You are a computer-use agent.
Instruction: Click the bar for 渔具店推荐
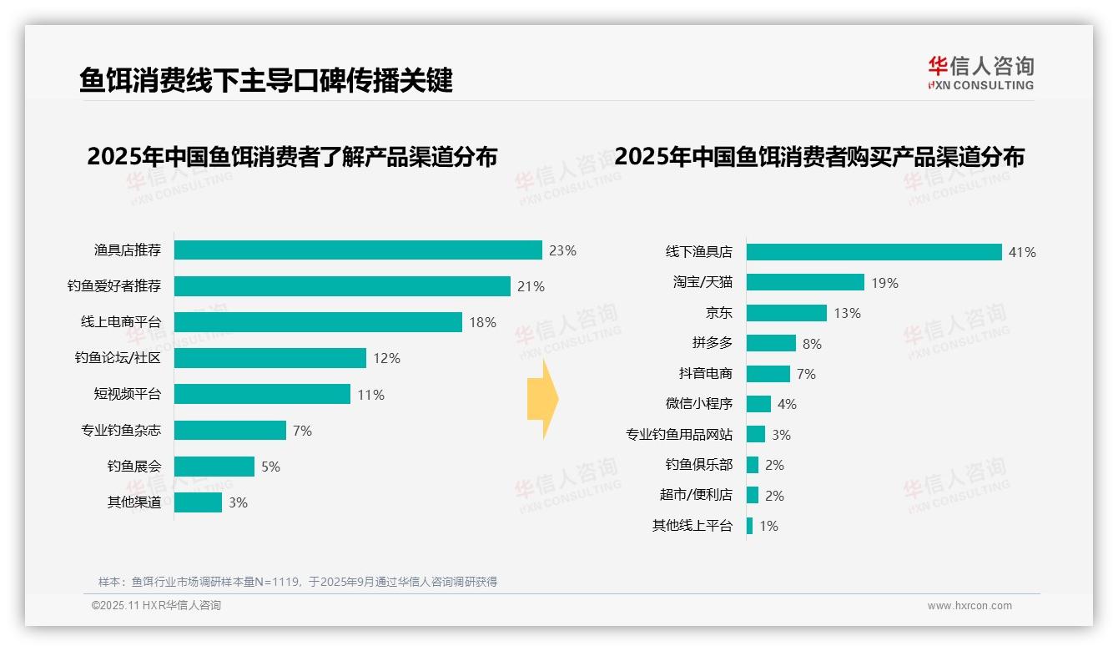tap(358, 250)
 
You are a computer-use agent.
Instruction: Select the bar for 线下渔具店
tap(874, 252)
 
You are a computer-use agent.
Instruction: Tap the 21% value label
tap(531, 286)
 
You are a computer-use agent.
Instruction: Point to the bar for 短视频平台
tap(262, 394)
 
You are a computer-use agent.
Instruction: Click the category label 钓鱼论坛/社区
tap(118, 358)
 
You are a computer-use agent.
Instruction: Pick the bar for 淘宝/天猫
tap(805, 283)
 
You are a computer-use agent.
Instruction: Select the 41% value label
tap(1022, 252)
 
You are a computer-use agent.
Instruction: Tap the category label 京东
tap(718, 313)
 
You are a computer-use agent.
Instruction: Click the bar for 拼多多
tap(771, 343)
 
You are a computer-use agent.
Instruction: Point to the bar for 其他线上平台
tap(749, 526)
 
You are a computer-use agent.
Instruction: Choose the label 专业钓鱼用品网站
tap(679, 434)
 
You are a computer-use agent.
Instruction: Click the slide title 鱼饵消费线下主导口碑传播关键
tap(266, 80)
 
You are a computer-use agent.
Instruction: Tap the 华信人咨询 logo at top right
tap(980, 73)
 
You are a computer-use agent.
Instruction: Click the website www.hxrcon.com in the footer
tap(969, 606)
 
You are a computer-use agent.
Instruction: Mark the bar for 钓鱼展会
tap(214, 467)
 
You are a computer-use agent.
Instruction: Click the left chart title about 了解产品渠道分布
tap(292, 157)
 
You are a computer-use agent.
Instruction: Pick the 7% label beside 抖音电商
tap(806, 374)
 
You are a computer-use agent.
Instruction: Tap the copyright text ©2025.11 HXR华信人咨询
tap(156, 606)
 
